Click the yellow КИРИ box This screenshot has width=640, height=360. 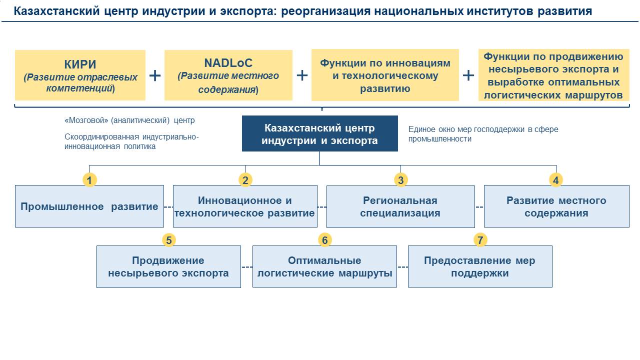[80, 75]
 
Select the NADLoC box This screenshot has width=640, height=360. [228, 75]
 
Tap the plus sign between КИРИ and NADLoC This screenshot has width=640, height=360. [155, 75]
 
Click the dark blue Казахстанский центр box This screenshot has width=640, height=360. [319, 133]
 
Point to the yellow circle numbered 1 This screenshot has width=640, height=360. [89, 180]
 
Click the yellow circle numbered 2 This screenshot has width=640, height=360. [245, 180]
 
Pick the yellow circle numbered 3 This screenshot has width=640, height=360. [400, 180]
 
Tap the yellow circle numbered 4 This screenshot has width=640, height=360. [556, 180]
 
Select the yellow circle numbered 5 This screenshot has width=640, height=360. [169, 240]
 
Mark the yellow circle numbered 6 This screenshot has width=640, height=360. [324, 240]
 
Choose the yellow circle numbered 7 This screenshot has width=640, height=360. [480, 240]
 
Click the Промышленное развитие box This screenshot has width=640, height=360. [89, 206]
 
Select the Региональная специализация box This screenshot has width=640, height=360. [400, 206]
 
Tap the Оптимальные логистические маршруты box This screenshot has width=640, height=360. [324, 266]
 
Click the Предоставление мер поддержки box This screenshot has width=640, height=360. [480, 266]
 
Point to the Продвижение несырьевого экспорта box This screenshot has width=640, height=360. [168, 266]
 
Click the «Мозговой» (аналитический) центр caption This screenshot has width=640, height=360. [129, 120]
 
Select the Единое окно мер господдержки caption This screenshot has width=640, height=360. [483, 134]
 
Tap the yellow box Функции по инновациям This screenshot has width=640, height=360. [385, 75]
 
